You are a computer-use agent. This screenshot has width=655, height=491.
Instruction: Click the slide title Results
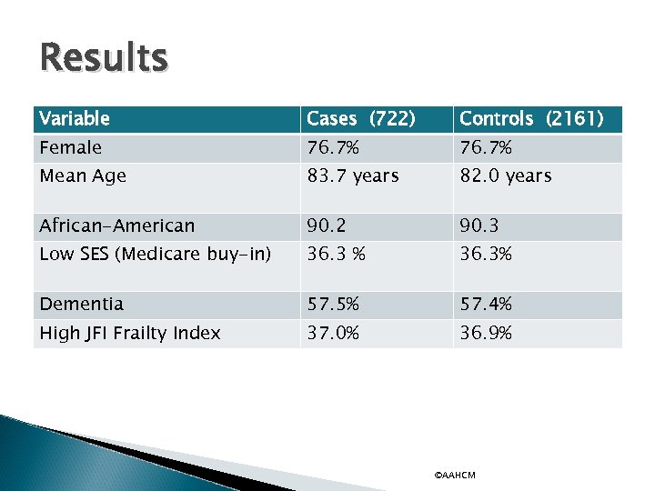tap(104, 58)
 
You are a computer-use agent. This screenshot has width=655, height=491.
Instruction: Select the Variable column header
tap(75, 119)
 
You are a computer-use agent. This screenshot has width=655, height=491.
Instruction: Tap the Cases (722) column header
tap(361, 119)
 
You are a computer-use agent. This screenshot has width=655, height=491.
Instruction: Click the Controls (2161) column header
tap(531, 119)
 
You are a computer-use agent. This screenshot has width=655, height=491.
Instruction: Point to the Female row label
tap(71, 147)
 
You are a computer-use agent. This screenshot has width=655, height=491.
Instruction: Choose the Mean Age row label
tap(83, 176)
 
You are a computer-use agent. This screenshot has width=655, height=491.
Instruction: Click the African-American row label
tap(117, 225)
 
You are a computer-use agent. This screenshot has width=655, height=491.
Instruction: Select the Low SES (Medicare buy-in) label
tap(156, 255)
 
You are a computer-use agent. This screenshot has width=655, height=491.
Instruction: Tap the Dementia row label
tap(82, 305)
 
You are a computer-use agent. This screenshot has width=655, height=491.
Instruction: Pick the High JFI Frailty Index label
tap(130, 334)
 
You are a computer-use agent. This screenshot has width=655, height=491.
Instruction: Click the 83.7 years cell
tap(353, 176)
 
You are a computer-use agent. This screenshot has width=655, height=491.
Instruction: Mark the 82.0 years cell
tap(506, 176)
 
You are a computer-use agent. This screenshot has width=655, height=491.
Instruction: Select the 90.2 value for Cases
tap(326, 225)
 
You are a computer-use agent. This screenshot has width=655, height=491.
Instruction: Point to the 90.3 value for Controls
tap(479, 225)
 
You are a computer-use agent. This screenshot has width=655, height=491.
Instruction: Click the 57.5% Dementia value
tap(333, 305)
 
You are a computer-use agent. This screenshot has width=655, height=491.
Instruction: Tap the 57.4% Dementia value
tap(486, 305)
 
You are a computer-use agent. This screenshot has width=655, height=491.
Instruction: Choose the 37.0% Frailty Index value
tap(333, 334)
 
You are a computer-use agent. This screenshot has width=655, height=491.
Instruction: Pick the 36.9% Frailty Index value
tap(486, 334)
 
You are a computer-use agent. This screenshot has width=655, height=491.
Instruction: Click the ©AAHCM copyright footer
tap(455, 476)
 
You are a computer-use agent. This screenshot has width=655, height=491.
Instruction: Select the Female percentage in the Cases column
tap(333, 147)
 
